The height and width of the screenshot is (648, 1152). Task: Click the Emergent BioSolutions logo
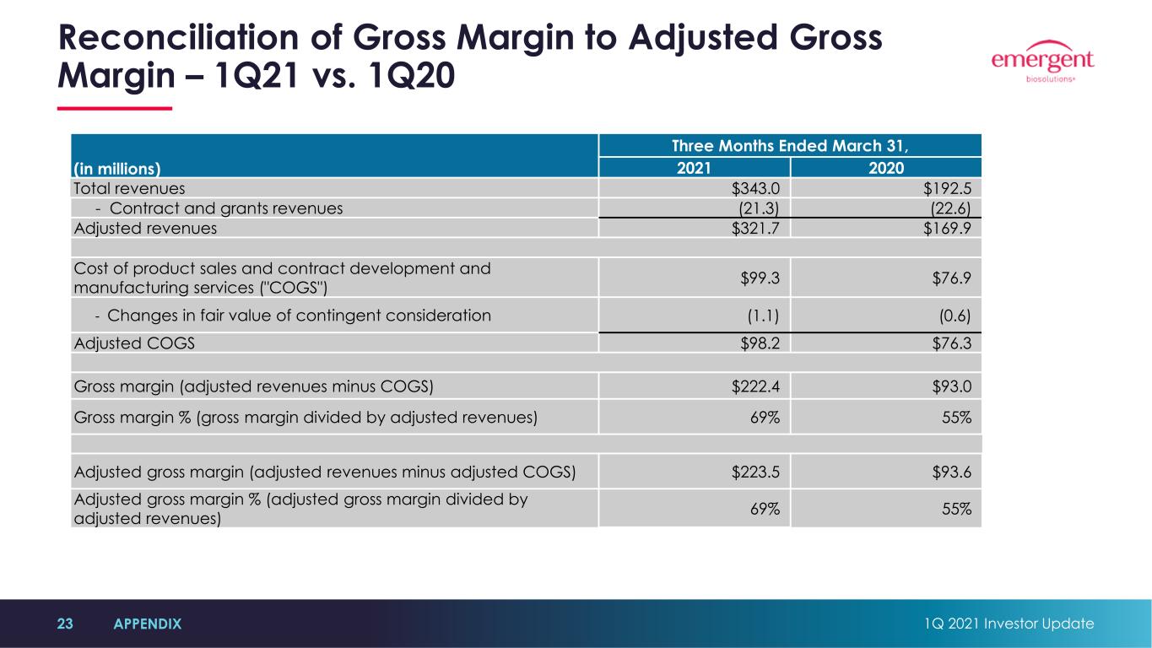point(1042,62)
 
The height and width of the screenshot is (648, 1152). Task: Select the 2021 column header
point(694,168)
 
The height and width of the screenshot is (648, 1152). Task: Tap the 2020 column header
point(886,168)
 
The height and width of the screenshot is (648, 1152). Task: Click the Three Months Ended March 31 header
point(790,146)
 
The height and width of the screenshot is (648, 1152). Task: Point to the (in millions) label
point(116,169)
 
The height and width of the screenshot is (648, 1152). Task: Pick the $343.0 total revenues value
point(755,189)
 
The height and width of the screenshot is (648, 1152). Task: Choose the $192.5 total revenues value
point(947,189)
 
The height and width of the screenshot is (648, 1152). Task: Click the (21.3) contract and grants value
point(759,208)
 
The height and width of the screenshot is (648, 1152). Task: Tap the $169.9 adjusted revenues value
point(947,229)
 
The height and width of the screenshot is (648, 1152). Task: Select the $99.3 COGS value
point(760,278)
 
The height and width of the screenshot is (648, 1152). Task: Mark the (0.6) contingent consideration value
point(955,316)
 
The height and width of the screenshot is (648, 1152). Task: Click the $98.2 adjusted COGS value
point(760,343)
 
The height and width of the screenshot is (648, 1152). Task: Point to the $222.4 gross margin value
point(755,386)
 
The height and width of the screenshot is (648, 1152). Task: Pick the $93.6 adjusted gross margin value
point(952,472)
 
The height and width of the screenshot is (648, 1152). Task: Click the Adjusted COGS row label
point(134,343)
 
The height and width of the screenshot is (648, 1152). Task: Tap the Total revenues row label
point(129,189)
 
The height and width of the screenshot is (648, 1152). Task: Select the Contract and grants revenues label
point(226,208)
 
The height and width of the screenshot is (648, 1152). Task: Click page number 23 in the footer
point(65,624)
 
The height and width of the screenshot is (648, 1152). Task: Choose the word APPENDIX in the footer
point(148,624)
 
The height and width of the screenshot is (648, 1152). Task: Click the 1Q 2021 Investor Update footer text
point(1009,624)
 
